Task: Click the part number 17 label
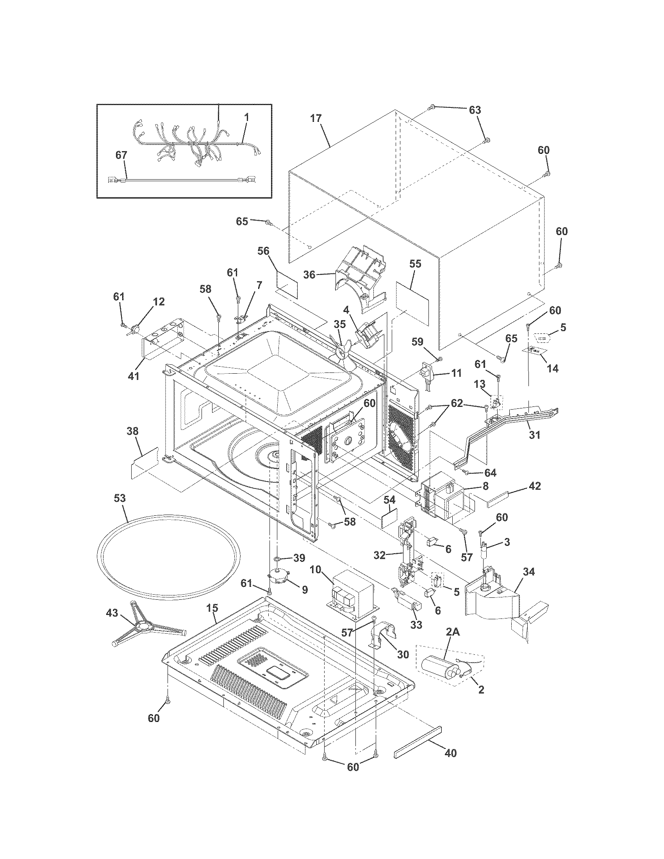tap(316, 118)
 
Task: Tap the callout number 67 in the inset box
tap(121, 155)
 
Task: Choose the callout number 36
tap(309, 274)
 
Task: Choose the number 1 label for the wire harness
tap(246, 117)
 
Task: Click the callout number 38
tap(132, 431)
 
